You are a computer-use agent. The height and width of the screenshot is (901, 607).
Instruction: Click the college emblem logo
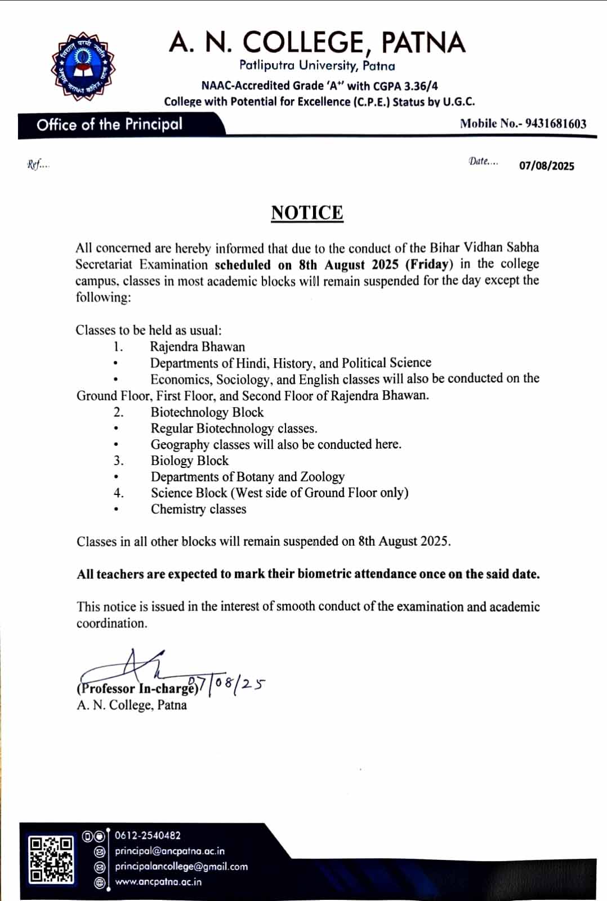pyautogui.click(x=83, y=67)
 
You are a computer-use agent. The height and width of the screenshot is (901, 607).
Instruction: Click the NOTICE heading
pyautogui.click(x=307, y=213)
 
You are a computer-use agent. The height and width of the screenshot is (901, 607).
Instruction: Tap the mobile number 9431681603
pyautogui.click(x=556, y=124)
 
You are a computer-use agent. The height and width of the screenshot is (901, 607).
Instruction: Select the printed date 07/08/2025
pyautogui.click(x=546, y=166)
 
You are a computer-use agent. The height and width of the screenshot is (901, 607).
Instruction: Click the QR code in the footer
pyautogui.click(x=51, y=859)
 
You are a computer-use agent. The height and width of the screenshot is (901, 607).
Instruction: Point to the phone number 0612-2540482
pyautogui.click(x=148, y=835)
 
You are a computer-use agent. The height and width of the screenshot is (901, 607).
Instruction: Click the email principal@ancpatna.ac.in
pyautogui.click(x=169, y=851)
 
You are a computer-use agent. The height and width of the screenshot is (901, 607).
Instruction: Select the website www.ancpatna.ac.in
pyautogui.click(x=158, y=882)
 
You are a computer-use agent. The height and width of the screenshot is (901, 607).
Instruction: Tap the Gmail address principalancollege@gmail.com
pyautogui.click(x=181, y=867)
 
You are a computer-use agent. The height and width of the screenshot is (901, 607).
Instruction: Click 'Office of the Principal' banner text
pyautogui.click(x=109, y=124)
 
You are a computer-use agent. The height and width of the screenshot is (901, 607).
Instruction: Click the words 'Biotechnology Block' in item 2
pyautogui.click(x=207, y=412)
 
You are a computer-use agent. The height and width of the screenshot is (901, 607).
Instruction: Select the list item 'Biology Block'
pyautogui.click(x=189, y=461)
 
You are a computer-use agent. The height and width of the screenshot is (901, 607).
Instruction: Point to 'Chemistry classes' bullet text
pyautogui.click(x=198, y=509)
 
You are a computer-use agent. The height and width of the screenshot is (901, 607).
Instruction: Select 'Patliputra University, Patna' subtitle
pyautogui.click(x=317, y=66)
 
